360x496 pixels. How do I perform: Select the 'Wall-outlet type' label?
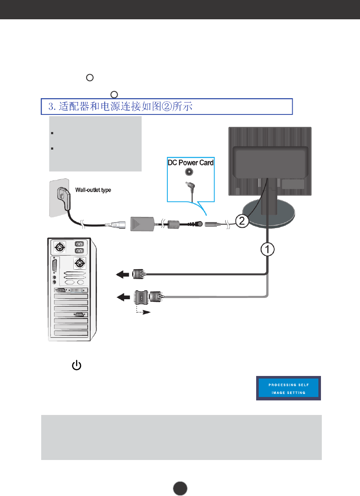pyautogui.click(x=94, y=189)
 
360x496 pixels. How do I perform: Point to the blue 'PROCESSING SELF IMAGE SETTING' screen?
pyautogui.click(x=288, y=388)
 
